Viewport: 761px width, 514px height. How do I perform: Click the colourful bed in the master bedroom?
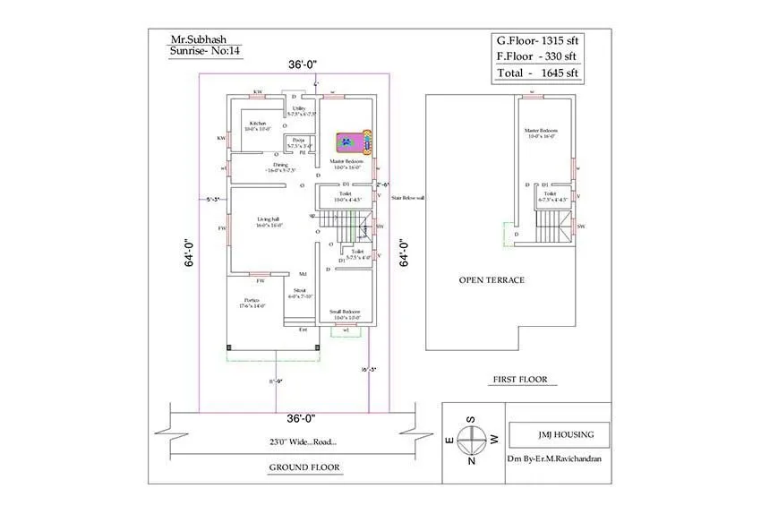point(354,141)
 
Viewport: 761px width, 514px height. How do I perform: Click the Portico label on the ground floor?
point(252,303)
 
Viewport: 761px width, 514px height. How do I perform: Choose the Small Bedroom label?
point(346,313)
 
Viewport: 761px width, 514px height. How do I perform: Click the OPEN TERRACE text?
point(492,280)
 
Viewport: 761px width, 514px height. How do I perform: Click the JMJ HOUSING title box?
point(558,435)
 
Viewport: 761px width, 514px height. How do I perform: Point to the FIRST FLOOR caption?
point(519,380)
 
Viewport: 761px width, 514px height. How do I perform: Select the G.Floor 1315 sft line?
point(539,40)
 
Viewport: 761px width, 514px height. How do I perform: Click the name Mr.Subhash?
point(197,39)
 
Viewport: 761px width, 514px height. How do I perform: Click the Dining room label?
point(281,167)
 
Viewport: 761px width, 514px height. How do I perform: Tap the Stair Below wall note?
point(408,198)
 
